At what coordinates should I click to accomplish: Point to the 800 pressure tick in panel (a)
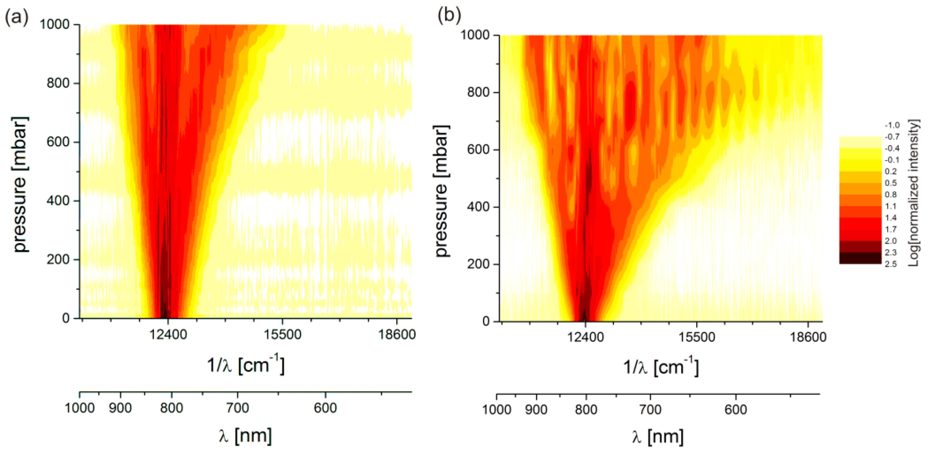pyautogui.click(x=58, y=83)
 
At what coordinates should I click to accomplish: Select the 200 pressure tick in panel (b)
pyautogui.click(x=478, y=264)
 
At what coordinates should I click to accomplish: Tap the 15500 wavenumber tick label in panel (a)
pyautogui.click(x=282, y=334)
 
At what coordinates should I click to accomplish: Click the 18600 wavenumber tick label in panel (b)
pyautogui.click(x=808, y=337)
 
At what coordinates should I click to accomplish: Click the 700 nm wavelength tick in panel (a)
pyautogui.click(x=237, y=408)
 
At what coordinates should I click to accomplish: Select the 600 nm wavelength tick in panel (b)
pyautogui.click(x=736, y=410)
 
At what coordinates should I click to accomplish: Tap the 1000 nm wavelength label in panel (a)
pyautogui.click(x=79, y=408)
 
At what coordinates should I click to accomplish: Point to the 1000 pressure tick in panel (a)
pyautogui.click(x=54, y=24)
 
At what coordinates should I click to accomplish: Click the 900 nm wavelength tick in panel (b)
pyautogui.click(x=536, y=410)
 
